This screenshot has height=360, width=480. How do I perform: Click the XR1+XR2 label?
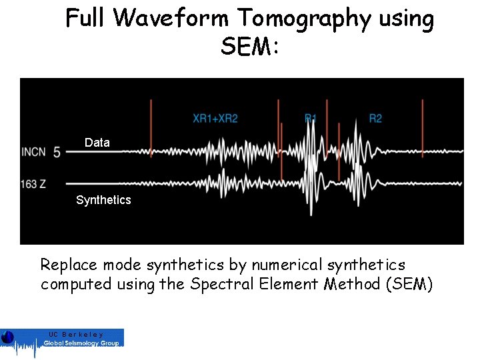[x=215, y=119]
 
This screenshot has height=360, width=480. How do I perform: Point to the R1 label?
[x=311, y=119]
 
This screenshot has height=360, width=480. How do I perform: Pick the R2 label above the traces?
[x=375, y=119]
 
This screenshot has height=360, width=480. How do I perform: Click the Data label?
[x=97, y=143]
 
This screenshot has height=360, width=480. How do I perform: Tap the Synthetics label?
[x=103, y=200]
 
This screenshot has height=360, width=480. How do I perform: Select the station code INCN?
[x=33, y=152]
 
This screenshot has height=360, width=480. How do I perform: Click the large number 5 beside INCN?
[x=57, y=153]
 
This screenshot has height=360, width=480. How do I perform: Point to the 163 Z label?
[x=33, y=183]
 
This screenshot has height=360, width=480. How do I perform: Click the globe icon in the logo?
[x=7, y=337]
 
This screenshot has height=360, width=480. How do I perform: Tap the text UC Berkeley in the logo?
[x=75, y=333]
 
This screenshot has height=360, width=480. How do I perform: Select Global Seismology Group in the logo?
[x=81, y=343]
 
